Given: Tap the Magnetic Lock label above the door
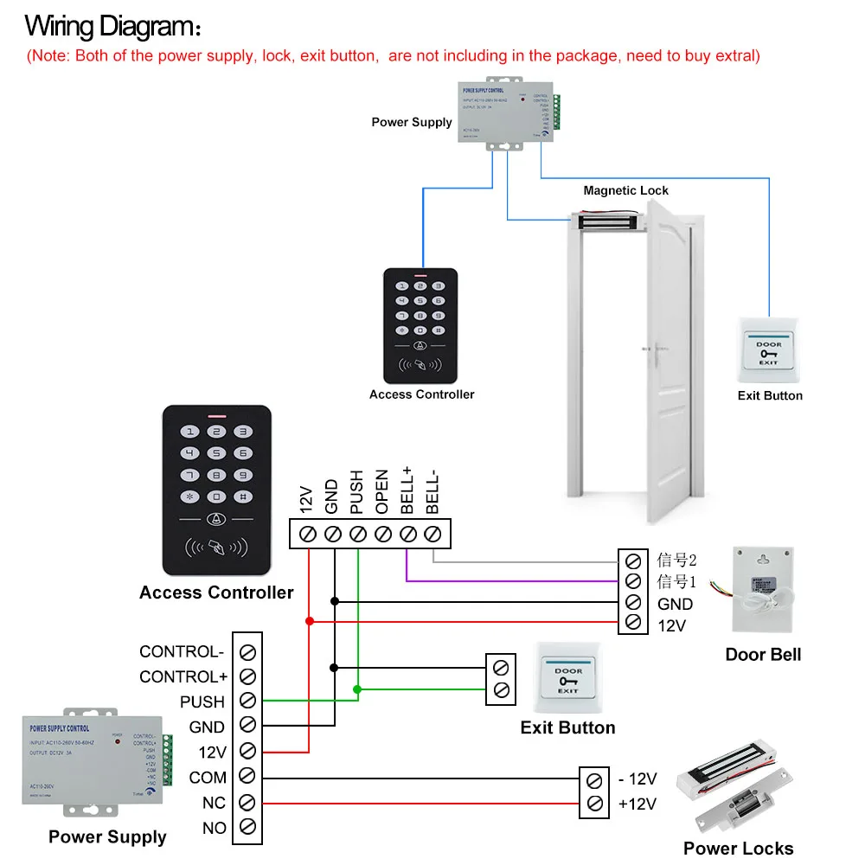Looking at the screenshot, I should point(625,190).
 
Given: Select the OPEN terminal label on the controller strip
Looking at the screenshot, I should point(382,492).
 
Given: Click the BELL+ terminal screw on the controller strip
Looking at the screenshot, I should point(408,535).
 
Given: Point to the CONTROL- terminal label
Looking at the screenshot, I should point(182,651).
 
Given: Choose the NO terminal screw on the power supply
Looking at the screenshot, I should point(247,827).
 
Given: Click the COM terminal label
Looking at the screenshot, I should point(208,778).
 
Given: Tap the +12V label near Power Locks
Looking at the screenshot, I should point(638,804).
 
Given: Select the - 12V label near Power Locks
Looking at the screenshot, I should point(638,778).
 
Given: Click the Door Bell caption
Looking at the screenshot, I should point(763,654).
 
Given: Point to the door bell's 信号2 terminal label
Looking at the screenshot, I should point(676,559).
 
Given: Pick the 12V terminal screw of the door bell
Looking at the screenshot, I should point(632,624).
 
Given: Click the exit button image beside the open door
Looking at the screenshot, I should point(768,351).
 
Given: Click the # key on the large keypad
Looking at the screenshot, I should point(243,497).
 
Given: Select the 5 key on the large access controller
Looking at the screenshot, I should point(217,452).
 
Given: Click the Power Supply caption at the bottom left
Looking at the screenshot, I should point(107,836).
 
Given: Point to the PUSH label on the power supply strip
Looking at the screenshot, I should point(202,702).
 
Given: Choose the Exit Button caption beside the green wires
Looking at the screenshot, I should point(567,727).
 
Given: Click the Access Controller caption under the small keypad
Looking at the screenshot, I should point(421,394).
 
